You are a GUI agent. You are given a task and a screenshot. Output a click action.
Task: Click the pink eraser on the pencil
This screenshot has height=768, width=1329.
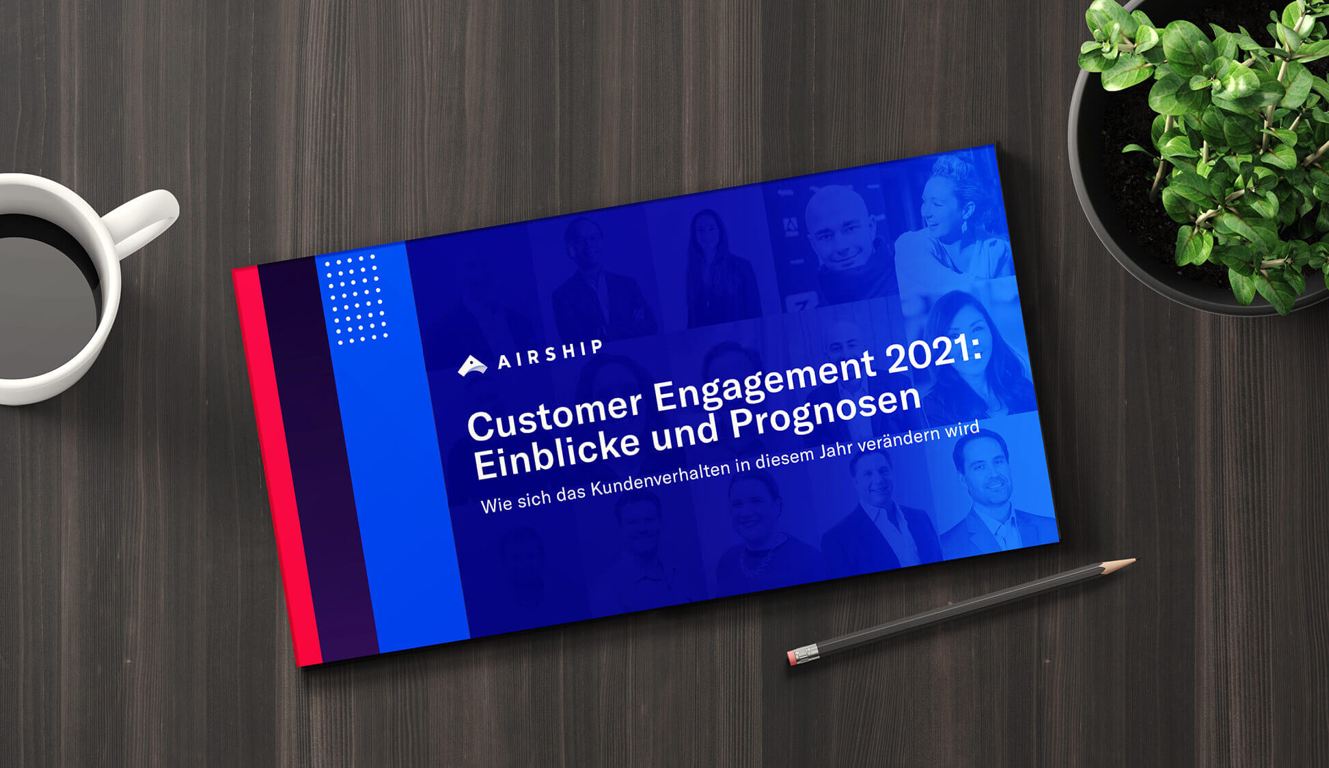[x=793, y=657]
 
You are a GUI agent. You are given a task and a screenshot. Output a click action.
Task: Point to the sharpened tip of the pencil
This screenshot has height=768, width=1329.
[x=1131, y=561]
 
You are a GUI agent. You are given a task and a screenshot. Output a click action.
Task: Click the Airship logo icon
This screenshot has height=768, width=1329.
[x=471, y=367]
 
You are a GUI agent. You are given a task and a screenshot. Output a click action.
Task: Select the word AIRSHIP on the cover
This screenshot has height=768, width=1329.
[x=550, y=354]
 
